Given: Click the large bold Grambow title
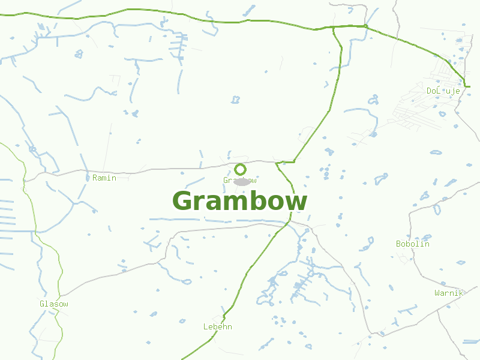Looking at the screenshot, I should [x=240, y=201].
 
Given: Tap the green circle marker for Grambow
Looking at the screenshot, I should [x=240, y=169].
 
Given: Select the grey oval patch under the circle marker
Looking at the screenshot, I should [x=242, y=181].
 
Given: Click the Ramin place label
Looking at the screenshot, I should [x=104, y=178].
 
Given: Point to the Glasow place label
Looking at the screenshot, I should [x=54, y=304].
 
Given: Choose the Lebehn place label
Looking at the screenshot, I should [x=217, y=326].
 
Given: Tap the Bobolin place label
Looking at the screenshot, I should [x=413, y=244].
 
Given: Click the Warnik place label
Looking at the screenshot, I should [x=449, y=293].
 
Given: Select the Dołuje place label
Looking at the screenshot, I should [x=443, y=91].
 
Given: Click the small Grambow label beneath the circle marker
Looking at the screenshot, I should [x=240, y=180].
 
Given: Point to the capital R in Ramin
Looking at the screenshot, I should [x=95, y=178].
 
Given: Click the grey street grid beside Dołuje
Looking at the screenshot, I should [x=420, y=108].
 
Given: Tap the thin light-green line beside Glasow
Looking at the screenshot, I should [x=60, y=282].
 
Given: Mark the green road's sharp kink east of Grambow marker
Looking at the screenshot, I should [x=294, y=161].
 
